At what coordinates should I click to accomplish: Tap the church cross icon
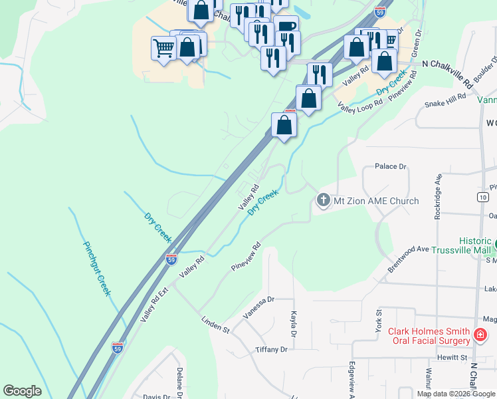click(x=324, y=200)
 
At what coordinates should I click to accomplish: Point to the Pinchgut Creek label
click(x=97, y=267)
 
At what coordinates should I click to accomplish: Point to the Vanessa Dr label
click(x=258, y=308)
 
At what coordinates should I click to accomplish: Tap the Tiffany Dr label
click(x=271, y=350)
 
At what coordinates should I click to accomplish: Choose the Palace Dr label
click(x=390, y=166)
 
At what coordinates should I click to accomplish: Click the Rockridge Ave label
click(x=438, y=194)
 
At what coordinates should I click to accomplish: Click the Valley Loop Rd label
click(x=360, y=105)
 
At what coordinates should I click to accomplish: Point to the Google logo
click(x=22, y=391)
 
